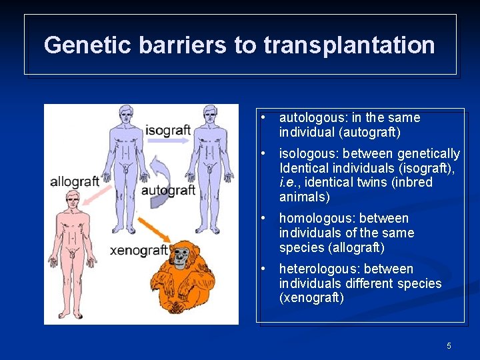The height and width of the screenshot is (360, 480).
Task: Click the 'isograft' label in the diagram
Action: coord(168,129)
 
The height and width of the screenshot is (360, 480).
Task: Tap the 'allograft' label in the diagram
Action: coord(75,181)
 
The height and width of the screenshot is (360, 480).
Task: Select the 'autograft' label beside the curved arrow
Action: coord(168,190)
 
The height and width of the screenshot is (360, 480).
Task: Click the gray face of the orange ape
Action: coord(181,256)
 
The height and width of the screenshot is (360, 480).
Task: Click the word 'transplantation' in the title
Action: coord(349,45)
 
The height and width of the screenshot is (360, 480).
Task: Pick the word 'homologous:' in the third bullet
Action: coord(315,218)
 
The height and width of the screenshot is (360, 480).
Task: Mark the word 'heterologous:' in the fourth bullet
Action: coord(317,269)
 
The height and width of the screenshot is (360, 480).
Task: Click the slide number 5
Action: coord(449,345)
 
